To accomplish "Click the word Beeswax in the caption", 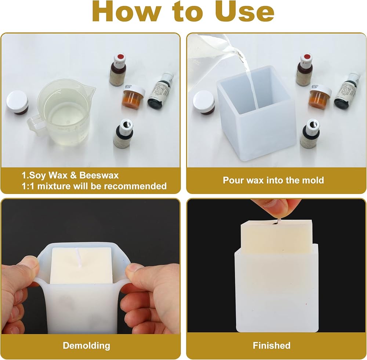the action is point(99,176).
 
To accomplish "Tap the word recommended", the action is point(135,186).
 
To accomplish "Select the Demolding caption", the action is point(86,346).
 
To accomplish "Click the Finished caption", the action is point(272,345).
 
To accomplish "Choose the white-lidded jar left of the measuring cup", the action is point(17,103).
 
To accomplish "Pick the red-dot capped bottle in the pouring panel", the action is point(304,70).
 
